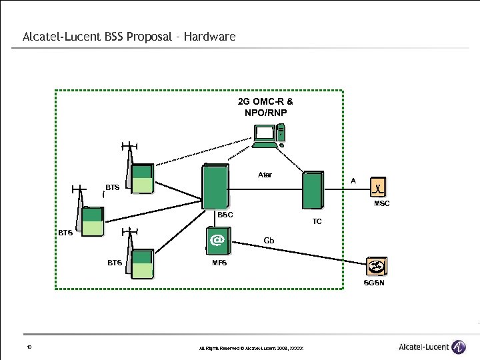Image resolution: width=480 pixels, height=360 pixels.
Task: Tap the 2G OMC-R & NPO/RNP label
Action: click(x=265, y=107)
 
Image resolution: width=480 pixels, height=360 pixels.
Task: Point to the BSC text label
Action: click(x=225, y=215)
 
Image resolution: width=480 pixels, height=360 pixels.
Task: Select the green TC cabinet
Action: click(x=312, y=190)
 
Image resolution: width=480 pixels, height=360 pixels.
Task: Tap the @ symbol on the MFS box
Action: click(x=217, y=239)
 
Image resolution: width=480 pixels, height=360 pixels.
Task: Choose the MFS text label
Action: click(x=219, y=263)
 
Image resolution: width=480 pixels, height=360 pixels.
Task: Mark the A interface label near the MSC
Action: click(x=353, y=181)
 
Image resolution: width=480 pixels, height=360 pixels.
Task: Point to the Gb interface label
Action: click(x=269, y=240)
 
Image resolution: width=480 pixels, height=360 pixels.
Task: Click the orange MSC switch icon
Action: click(x=379, y=188)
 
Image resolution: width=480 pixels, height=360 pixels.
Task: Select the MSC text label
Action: click(x=382, y=203)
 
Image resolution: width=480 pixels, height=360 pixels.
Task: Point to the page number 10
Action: click(x=29, y=347)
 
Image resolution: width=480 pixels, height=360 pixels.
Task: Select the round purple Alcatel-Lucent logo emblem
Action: click(x=459, y=347)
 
